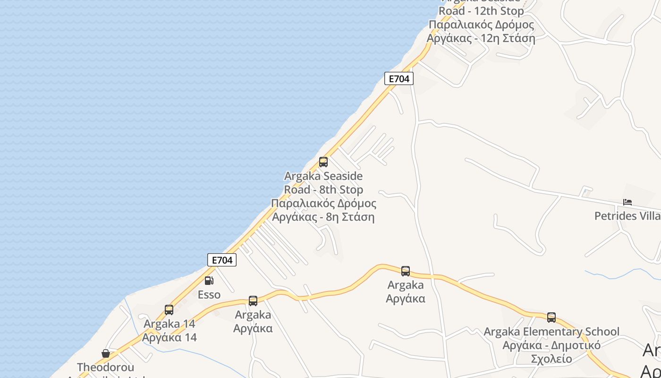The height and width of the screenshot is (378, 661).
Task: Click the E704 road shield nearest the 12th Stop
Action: (x=399, y=78)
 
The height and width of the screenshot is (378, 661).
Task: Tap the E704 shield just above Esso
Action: (x=221, y=260)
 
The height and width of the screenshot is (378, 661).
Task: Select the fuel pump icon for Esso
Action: (x=209, y=281)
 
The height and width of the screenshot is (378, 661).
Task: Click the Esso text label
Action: (x=209, y=295)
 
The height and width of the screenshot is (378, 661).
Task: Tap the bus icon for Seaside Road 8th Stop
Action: (x=323, y=162)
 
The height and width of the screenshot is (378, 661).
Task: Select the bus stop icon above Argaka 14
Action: (x=169, y=310)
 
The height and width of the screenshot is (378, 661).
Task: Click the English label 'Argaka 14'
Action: (x=169, y=324)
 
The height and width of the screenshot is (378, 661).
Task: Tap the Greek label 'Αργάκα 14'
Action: (x=169, y=338)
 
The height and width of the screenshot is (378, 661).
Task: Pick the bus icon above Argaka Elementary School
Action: (x=551, y=318)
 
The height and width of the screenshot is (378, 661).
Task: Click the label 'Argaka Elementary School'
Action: (x=551, y=332)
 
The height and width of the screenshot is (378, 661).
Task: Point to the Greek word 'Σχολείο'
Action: (x=551, y=359)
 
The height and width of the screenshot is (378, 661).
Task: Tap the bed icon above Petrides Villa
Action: (x=627, y=202)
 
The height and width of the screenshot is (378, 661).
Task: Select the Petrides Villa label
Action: (x=627, y=216)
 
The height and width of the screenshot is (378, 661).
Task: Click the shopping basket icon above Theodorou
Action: (x=106, y=353)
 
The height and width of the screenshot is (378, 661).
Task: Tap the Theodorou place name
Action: (x=106, y=367)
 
